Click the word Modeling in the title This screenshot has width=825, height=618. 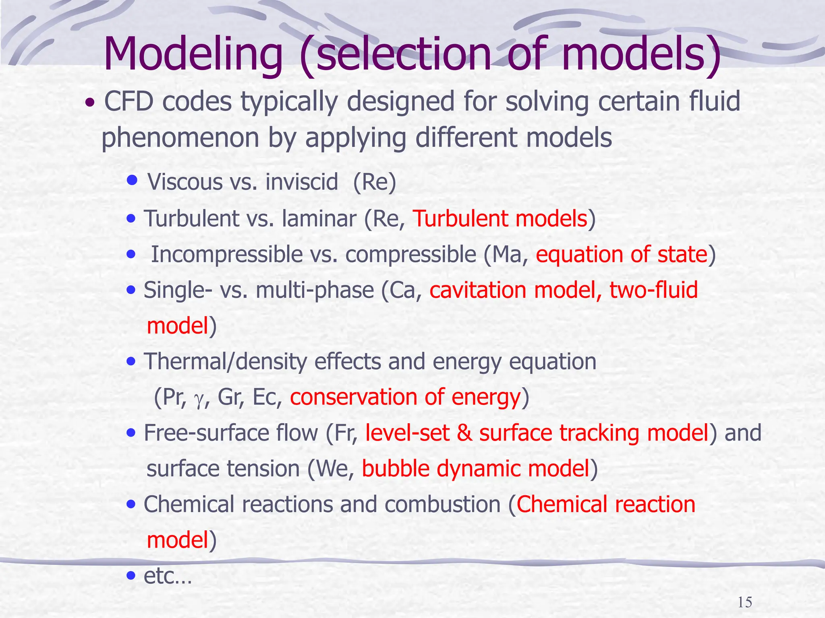pos(193,54)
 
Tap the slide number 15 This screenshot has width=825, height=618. pos(745,603)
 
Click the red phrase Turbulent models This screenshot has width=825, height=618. pos(500,219)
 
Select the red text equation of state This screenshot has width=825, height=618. pos(622,255)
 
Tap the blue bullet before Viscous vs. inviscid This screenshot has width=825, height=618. pos(132,179)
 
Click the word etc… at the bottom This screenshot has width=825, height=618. pos(168,576)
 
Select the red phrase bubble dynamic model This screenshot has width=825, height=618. pos(475,469)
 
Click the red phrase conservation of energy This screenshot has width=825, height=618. pos(405,397)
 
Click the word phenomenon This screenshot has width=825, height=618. pos(180,138)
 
